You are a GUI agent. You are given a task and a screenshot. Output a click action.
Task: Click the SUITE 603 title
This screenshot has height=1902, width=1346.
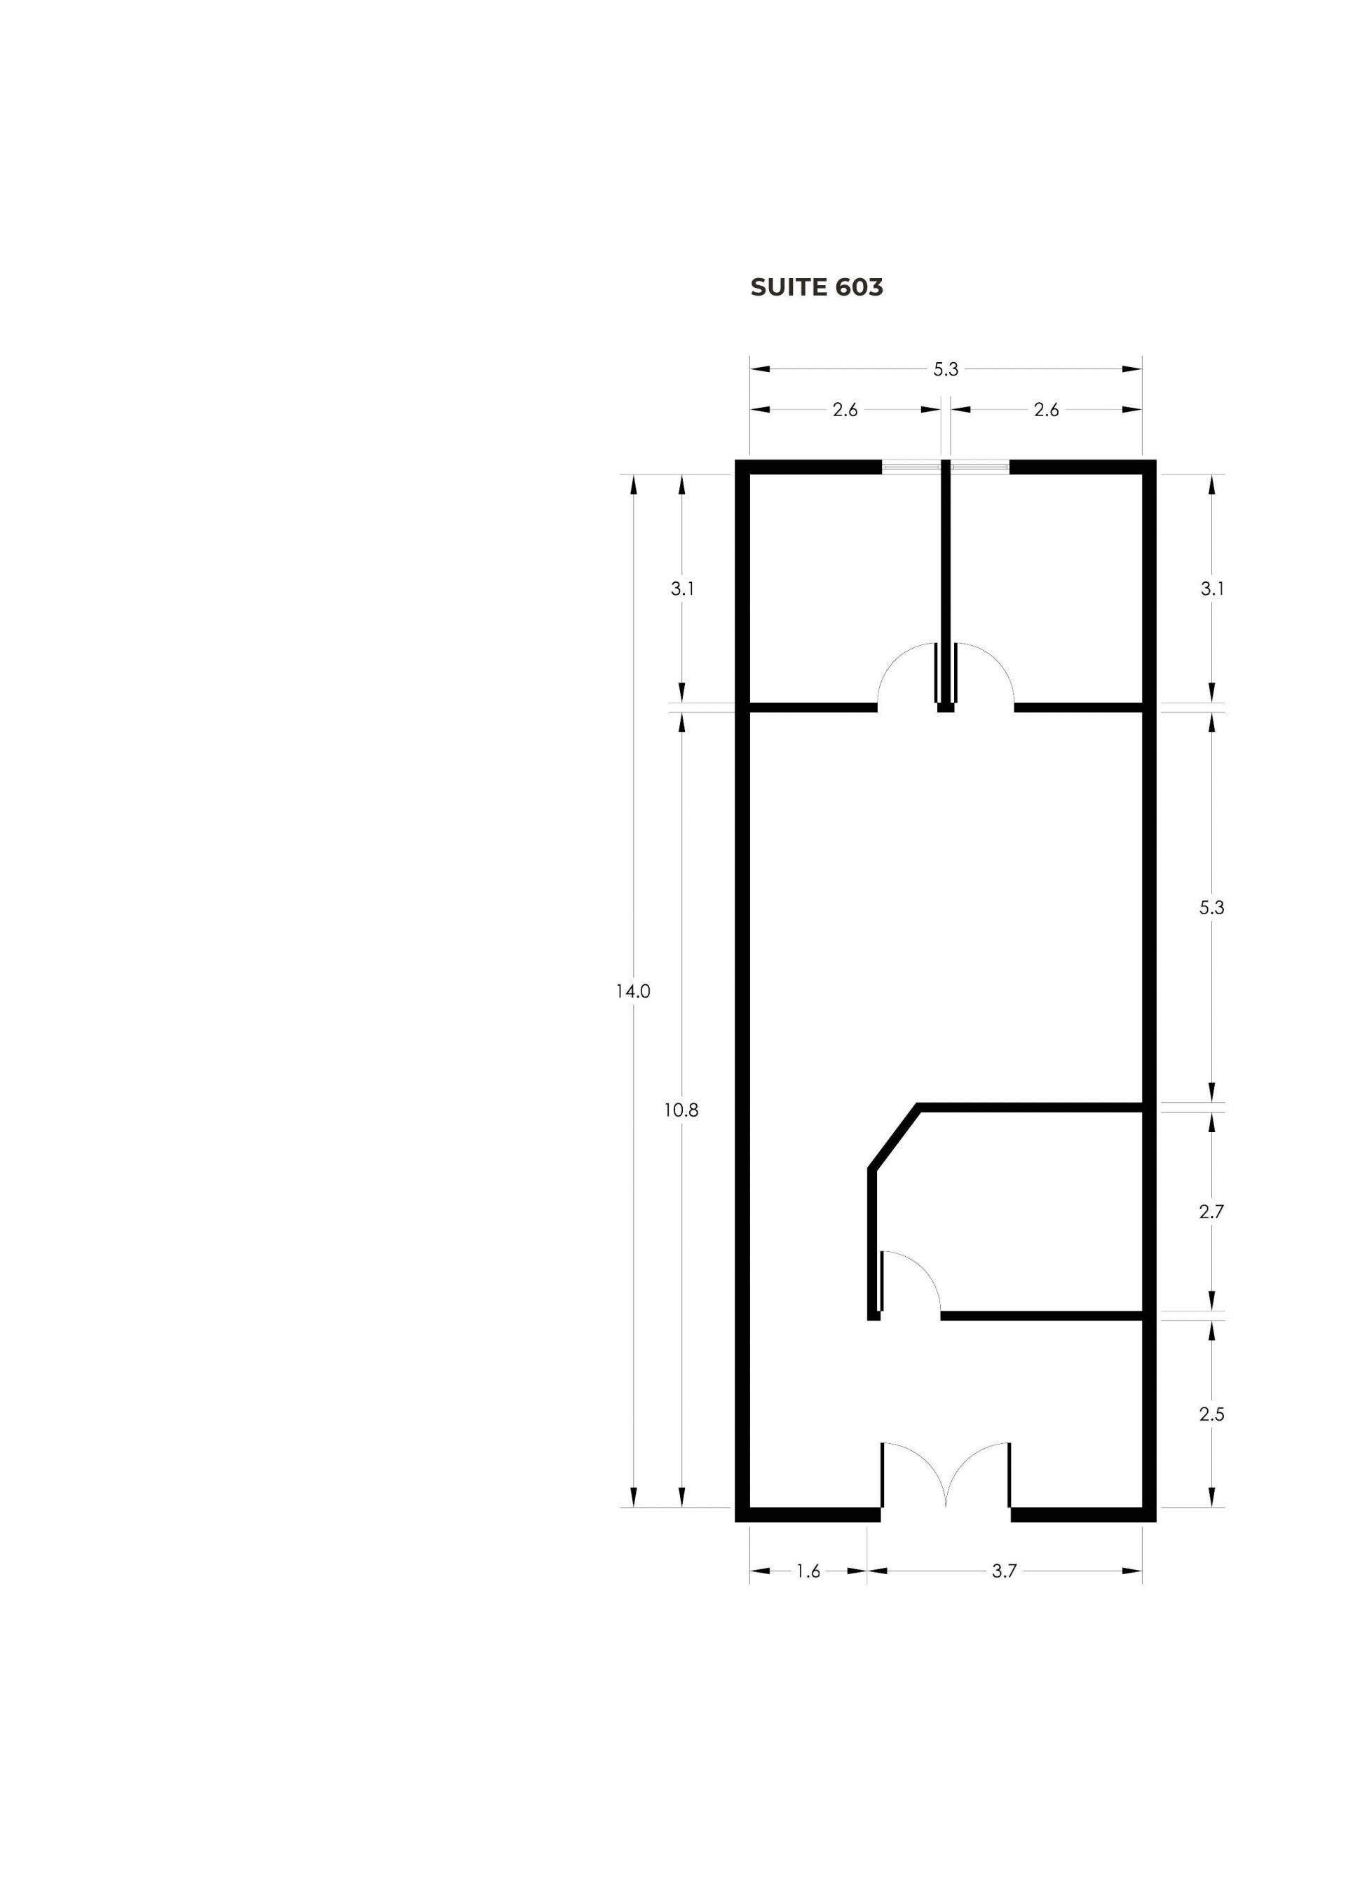pos(817,287)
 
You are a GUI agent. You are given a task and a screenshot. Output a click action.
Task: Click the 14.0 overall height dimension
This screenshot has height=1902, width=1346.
pos(632,991)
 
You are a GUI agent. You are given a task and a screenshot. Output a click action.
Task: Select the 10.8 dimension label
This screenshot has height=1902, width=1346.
pos(681,1111)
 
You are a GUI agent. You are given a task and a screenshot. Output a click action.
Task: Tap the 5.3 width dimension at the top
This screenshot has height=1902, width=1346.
pos(946,369)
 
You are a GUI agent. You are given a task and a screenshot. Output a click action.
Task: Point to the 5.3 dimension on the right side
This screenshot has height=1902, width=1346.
pos(1211,908)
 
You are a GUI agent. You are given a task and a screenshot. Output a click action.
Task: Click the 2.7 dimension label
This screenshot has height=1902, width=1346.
pos(1211,1212)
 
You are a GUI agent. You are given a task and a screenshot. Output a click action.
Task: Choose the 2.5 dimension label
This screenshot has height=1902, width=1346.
pos(1211,1415)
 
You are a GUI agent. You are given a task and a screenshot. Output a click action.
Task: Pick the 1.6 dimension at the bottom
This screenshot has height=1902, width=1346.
pos(808,1571)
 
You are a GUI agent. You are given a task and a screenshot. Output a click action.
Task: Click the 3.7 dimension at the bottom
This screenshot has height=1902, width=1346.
pos(1005,1571)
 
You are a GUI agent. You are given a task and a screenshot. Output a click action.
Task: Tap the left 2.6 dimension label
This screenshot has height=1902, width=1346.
pos(845,410)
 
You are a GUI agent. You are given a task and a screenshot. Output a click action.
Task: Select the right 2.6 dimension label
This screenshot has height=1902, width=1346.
pos(1047,410)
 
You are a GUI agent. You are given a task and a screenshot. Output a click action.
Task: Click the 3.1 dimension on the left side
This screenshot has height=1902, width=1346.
pos(683,589)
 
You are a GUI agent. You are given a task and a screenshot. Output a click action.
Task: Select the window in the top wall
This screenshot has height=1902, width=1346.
pos(946,467)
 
